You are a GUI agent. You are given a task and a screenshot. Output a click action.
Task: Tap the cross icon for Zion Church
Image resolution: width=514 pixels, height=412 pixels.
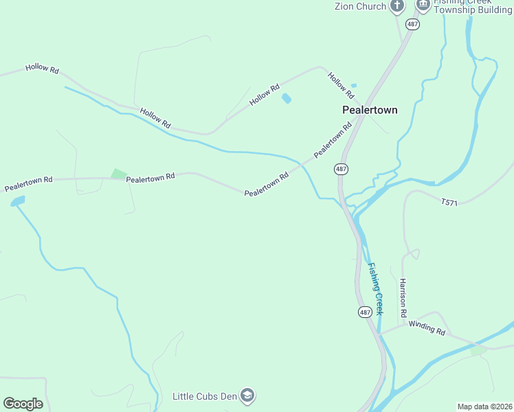397,6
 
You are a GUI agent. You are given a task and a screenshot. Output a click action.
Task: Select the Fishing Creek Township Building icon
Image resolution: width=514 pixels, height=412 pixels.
423,5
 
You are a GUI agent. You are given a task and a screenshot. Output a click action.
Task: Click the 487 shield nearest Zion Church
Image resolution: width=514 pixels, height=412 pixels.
412,24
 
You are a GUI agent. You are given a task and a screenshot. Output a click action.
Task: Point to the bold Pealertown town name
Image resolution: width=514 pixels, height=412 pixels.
370,110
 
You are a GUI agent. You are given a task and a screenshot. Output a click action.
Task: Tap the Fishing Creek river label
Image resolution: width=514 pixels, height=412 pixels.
375,288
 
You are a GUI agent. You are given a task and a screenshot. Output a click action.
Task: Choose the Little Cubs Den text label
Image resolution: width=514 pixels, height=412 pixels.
204,396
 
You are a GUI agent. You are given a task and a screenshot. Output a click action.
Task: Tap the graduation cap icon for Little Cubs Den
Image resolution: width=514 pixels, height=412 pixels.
248,396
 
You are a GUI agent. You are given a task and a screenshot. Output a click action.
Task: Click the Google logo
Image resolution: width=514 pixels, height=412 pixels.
23,404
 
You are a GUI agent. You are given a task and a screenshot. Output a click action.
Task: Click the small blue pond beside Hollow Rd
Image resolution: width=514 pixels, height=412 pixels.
286,99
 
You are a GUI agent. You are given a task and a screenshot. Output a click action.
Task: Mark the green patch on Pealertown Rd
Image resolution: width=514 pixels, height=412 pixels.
119,174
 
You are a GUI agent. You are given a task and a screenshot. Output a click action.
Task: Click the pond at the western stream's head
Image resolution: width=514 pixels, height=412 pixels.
17,201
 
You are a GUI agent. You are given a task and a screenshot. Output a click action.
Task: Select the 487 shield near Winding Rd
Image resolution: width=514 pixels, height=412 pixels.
364,312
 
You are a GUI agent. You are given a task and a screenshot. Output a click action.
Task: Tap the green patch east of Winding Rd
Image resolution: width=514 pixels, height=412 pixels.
478,350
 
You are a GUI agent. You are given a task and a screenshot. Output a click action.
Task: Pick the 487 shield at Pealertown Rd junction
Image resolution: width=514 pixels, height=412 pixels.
342,169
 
